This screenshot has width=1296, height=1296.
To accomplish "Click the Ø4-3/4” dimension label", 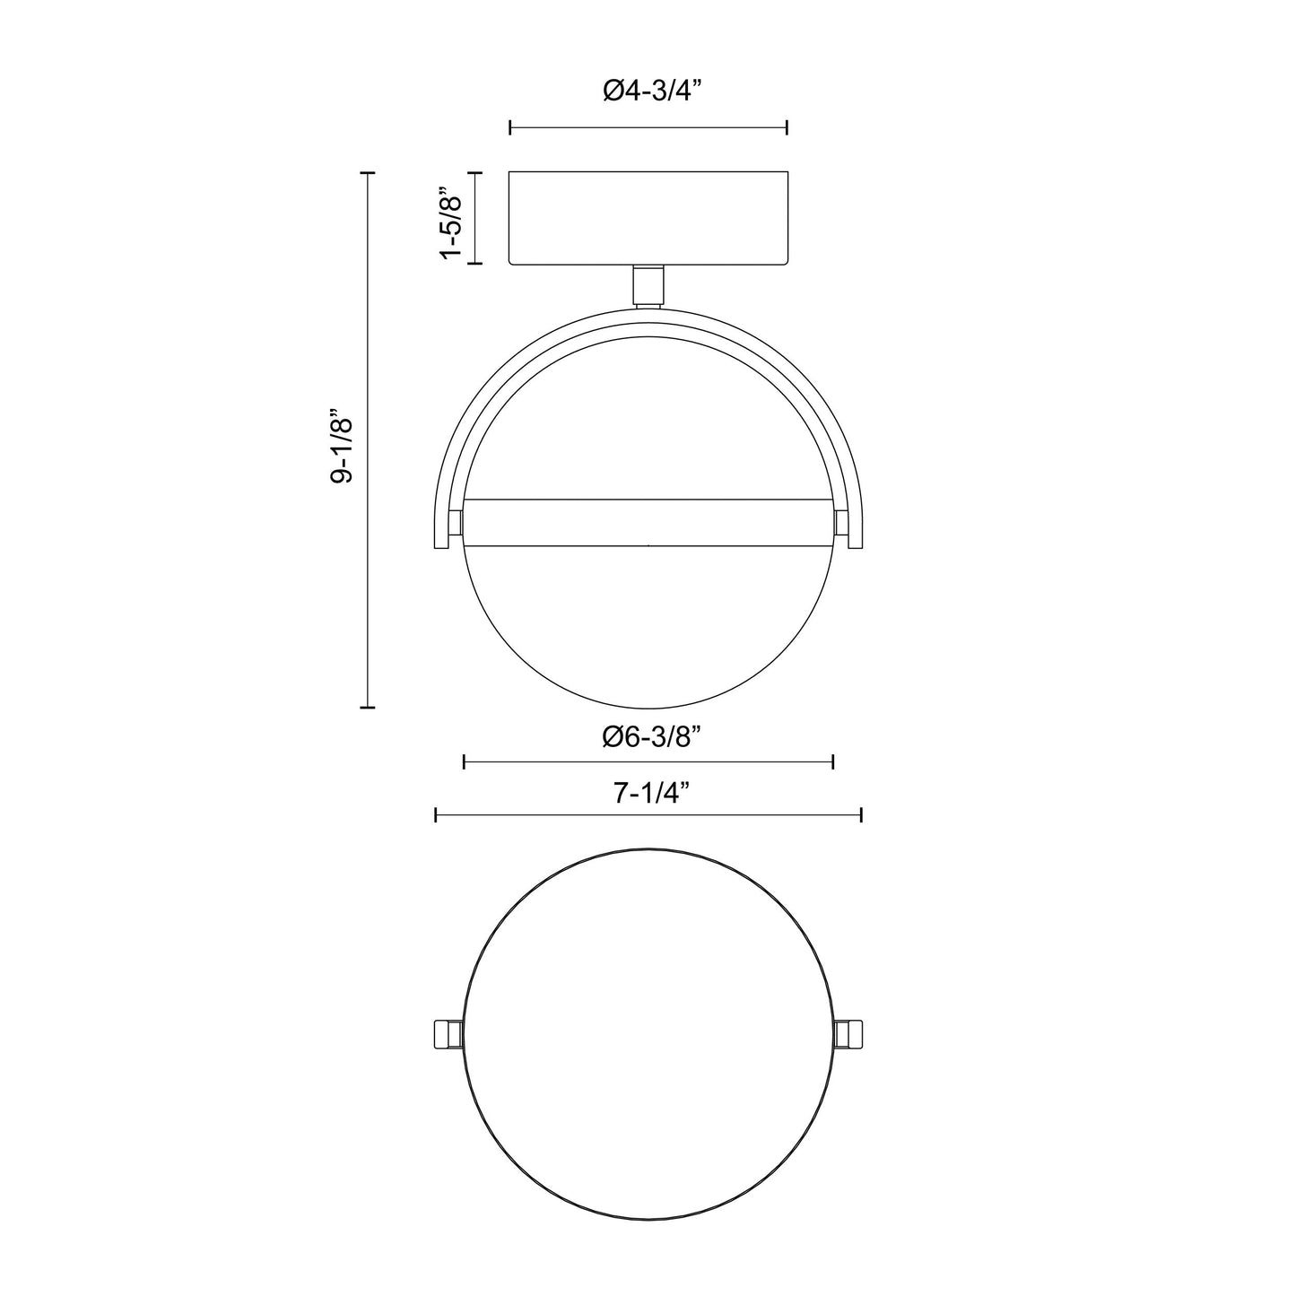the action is click(x=648, y=91).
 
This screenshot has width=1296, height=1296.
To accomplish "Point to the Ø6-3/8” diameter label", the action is click(x=648, y=737).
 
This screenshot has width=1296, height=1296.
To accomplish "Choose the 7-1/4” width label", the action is click(x=648, y=793).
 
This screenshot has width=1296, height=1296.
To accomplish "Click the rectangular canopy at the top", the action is click(x=648, y=218).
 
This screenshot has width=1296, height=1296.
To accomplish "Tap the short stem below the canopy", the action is click(x=648, y=287).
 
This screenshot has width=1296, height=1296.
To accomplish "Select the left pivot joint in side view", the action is click(x=456, y=522).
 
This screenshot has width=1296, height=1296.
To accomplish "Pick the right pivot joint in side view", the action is click(x=841, y=522).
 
